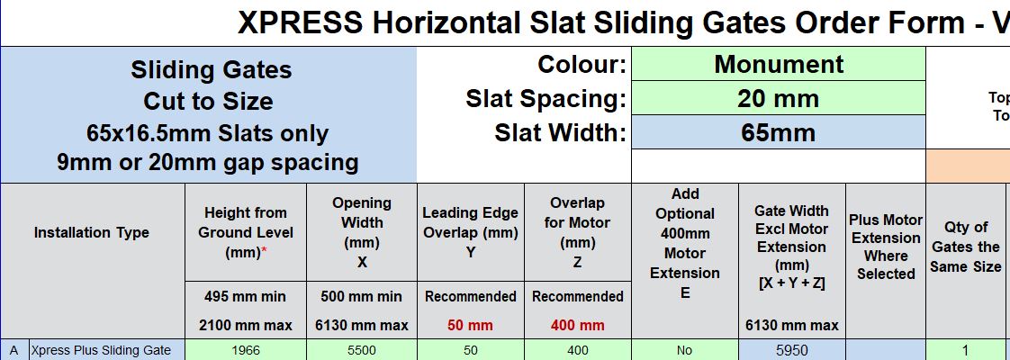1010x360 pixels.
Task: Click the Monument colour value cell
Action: point(778,65)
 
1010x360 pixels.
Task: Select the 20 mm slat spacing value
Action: point(778,98)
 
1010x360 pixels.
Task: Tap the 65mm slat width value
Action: point(778,132)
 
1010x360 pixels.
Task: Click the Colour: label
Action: point(582,65)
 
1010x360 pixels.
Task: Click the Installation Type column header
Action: point(92,232)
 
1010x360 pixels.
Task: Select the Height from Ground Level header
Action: point(246,232)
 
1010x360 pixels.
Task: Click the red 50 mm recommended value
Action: point(471,325)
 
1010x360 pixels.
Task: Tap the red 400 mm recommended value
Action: point(578,325)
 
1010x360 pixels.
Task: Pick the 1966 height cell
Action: point(246,350)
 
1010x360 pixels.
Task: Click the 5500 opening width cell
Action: point(362,350)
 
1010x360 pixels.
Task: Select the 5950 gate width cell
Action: point(791,350)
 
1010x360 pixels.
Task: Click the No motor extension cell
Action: point(685,350)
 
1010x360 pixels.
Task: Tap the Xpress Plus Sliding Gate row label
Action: point(101,350)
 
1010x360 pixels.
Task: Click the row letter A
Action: point(14,350)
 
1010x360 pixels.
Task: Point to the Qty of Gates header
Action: point(966,247)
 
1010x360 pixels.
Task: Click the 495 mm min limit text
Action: point(246,296)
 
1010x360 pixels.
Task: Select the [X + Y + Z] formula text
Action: point(791,282)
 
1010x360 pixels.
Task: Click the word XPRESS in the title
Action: point(299,23)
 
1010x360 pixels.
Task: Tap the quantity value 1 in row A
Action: point(965,350)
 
